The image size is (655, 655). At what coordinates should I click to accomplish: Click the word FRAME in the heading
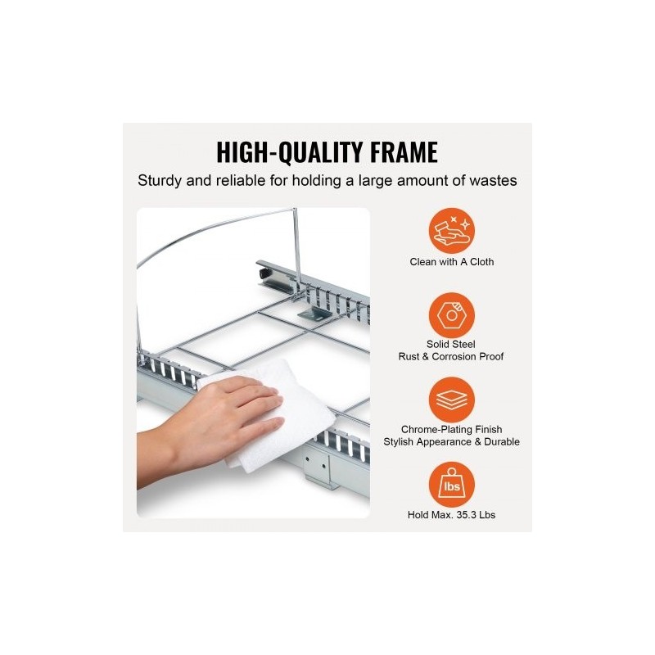404,152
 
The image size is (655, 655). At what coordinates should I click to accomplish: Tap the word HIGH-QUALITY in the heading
289,152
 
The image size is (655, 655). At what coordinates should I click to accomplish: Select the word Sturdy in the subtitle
160,181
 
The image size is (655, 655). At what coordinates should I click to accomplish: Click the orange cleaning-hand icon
452,231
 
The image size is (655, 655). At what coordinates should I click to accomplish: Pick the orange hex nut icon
452,315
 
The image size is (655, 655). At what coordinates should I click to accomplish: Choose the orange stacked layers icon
452,400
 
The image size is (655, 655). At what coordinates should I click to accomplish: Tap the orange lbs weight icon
452,485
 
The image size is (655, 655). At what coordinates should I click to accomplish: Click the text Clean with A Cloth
452,262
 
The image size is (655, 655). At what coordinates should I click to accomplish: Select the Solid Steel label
451,344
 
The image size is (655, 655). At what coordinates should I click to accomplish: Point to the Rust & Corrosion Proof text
451,357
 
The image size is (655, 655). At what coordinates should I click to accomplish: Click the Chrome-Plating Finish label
452,429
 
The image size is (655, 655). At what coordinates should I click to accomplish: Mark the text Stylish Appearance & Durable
452,442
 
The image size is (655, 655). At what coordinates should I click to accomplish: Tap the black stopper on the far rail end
264,274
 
